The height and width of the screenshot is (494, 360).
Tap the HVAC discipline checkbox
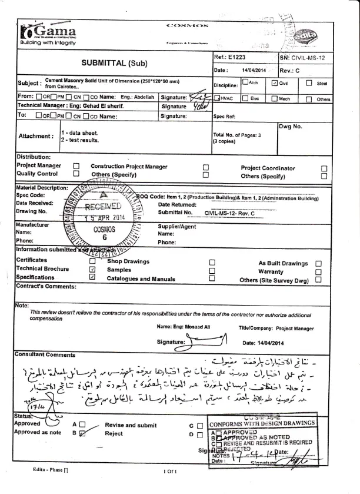coord(216,99)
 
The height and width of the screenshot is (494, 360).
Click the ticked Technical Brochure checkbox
coord(92,268)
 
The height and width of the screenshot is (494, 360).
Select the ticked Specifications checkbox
coord(92,277)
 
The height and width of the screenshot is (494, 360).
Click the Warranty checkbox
coord(318,271)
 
